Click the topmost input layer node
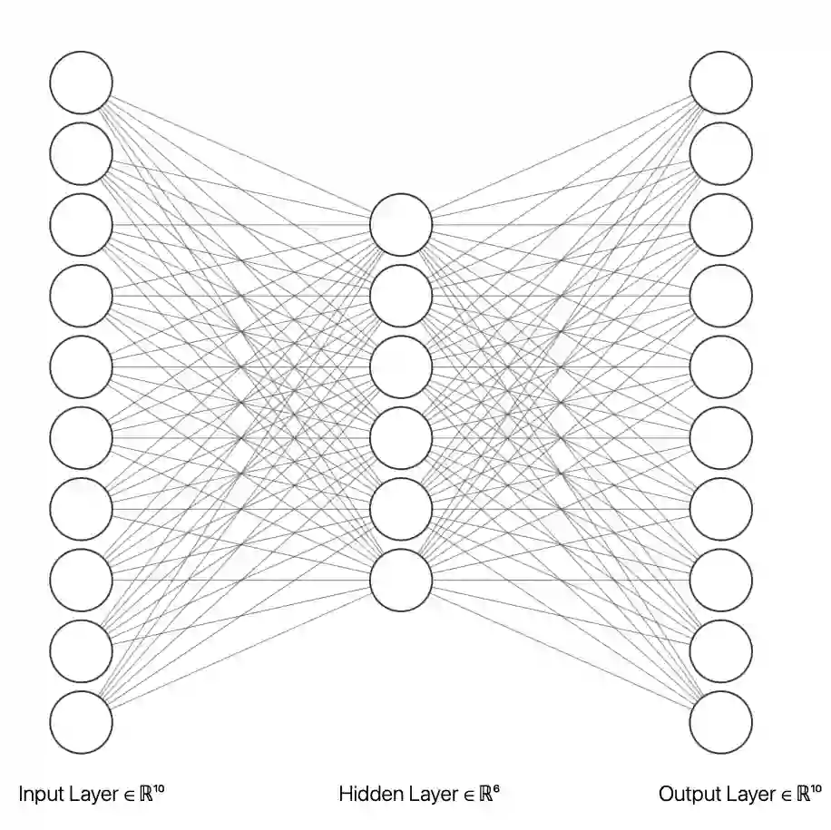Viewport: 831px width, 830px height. point(82,83)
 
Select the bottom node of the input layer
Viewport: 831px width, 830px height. point(82,722)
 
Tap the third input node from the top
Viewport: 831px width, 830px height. point(82,224)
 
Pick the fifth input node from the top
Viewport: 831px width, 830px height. point(82,366)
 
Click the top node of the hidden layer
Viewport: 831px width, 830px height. point(401,224)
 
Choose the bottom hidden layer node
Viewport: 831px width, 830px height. point(401,580)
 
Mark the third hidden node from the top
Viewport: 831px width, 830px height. point(401,366)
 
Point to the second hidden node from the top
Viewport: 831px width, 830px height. point(401,296)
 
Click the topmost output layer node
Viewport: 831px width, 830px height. point(721,83)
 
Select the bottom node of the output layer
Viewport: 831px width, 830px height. point(721,722)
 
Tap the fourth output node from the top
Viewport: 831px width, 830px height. point(721,296)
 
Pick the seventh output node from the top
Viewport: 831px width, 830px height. point(721,509)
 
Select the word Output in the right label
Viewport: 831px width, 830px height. point(690,796)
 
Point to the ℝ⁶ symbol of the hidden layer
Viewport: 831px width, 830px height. point(490,794)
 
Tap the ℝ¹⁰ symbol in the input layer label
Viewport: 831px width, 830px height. point(155,794)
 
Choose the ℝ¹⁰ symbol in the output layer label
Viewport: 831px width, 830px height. point(809,794)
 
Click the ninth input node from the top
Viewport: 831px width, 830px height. point(82,650)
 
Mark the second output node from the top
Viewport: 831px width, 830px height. point(721,153)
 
